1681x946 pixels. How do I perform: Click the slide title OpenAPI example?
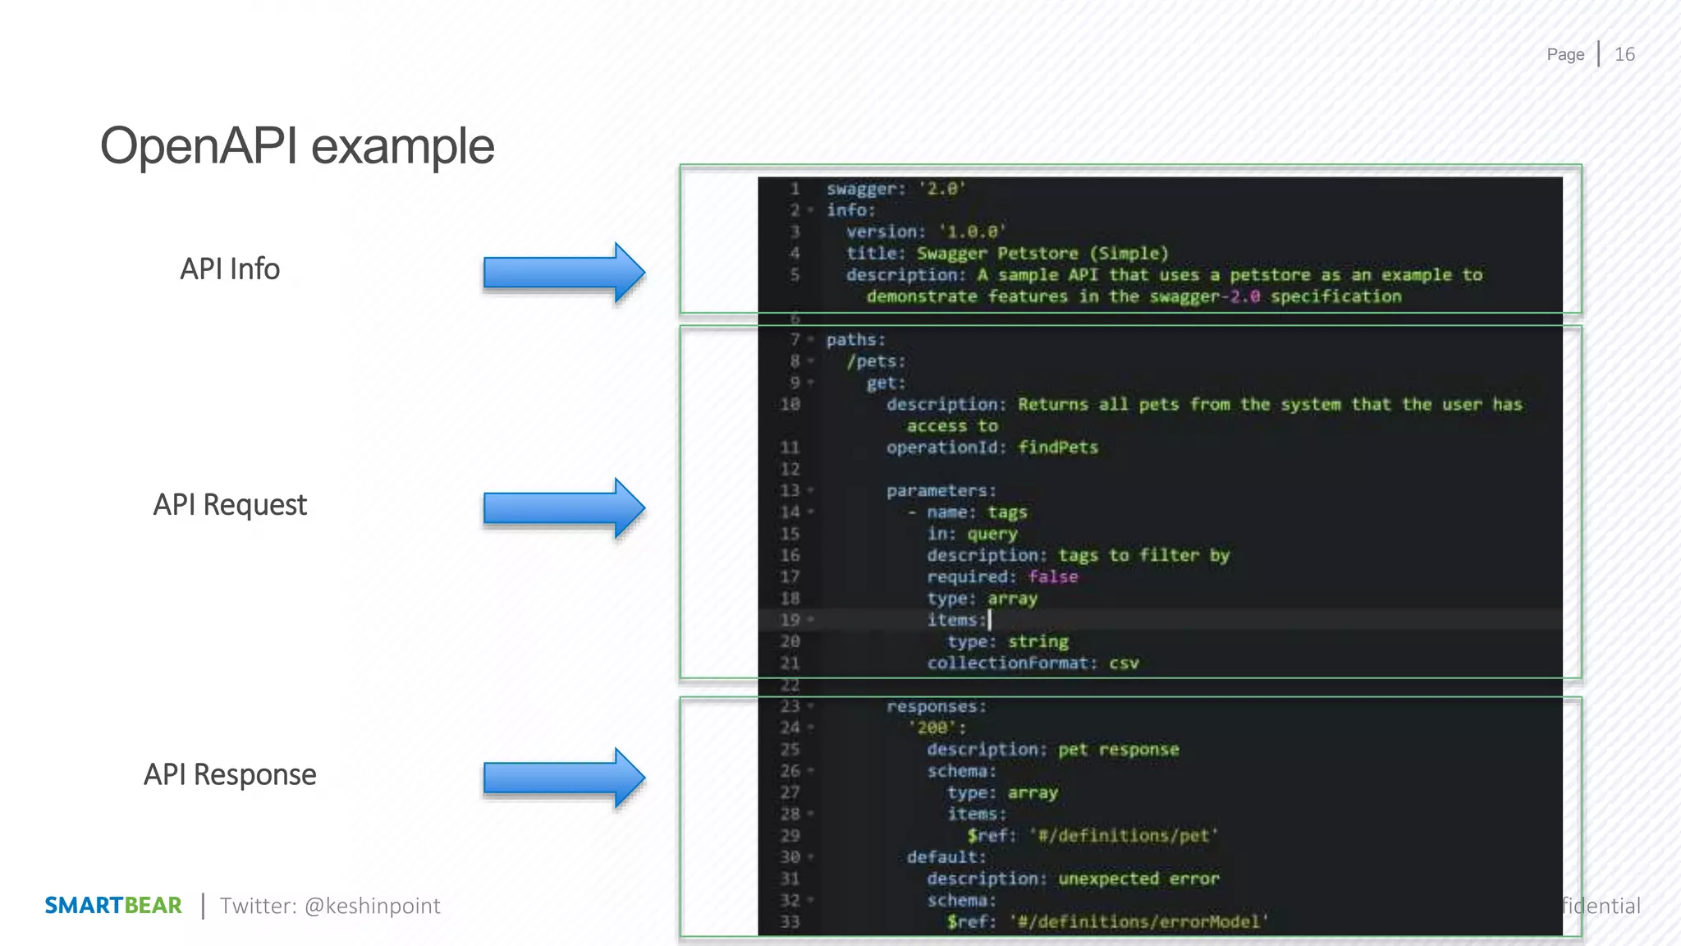point(297,147)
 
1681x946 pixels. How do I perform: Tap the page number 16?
point(1624,55)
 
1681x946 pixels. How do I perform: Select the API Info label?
point(230,269)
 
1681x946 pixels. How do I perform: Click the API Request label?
point(230,505)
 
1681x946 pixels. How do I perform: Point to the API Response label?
point(230,775)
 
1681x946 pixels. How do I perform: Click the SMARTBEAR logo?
point(113,906)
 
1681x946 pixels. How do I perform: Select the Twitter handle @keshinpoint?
point(372,906)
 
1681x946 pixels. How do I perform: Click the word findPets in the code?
point(1058,448)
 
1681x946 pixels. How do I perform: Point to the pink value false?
point(1053,577)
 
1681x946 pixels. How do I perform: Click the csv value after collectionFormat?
point(1124,664)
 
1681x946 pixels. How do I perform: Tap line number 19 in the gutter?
point(790,620)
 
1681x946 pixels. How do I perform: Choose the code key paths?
point(855,340)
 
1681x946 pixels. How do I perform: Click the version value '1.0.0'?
point(973,232)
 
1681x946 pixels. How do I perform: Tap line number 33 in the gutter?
point(790,922)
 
